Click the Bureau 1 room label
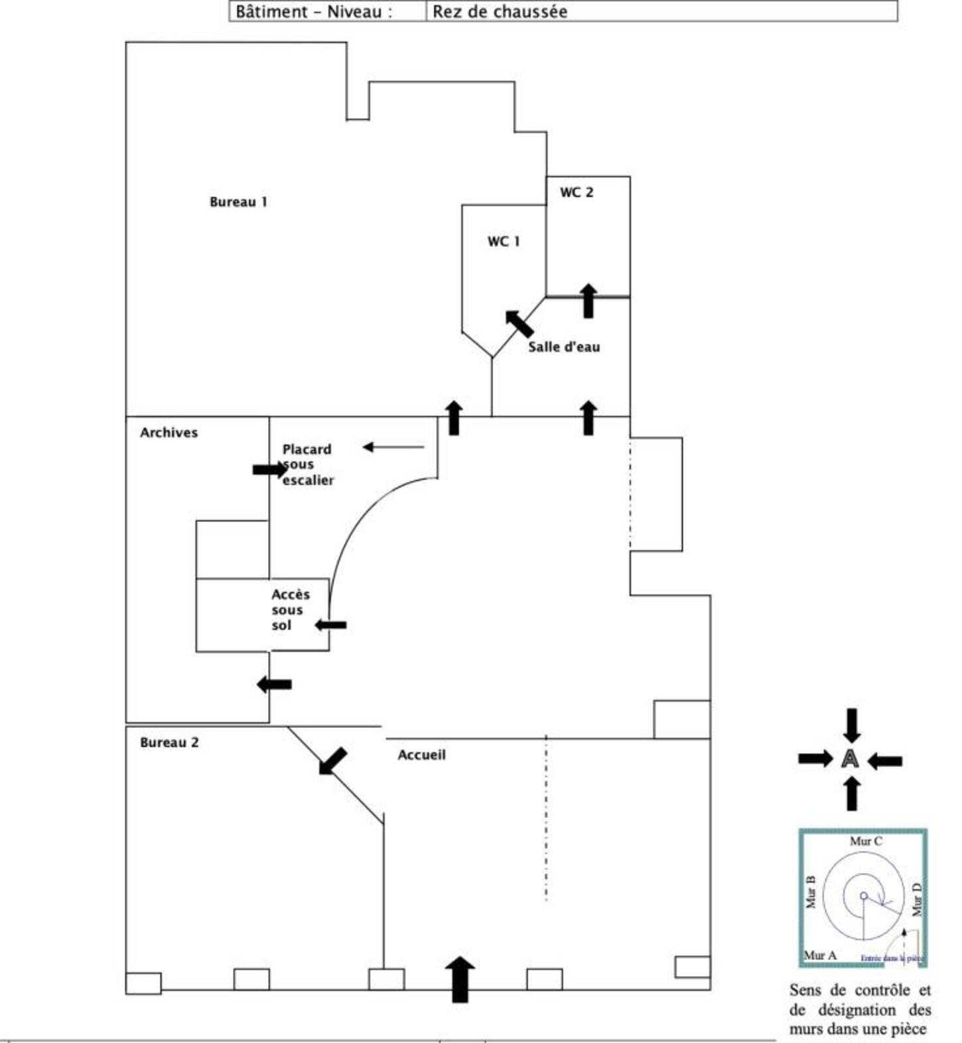238,202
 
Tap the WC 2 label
576,192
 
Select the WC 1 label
503,242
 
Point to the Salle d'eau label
563,347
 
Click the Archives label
169,433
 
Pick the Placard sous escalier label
307,464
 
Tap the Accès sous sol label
290,610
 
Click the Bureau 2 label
169,742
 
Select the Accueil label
421,755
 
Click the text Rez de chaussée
500,11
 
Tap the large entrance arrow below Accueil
460,979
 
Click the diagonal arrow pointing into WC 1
519,323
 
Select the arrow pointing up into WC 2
588,301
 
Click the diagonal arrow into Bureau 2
332,760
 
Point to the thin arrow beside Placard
393,447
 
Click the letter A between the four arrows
850,758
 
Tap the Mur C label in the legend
866,841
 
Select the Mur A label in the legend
820,955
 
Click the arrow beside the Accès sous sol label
330,625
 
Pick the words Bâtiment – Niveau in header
313,11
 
